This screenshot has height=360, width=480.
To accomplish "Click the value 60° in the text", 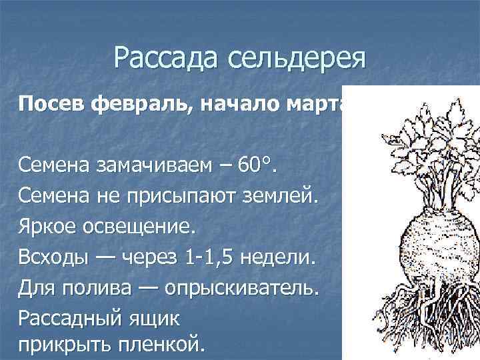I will point(259,164).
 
